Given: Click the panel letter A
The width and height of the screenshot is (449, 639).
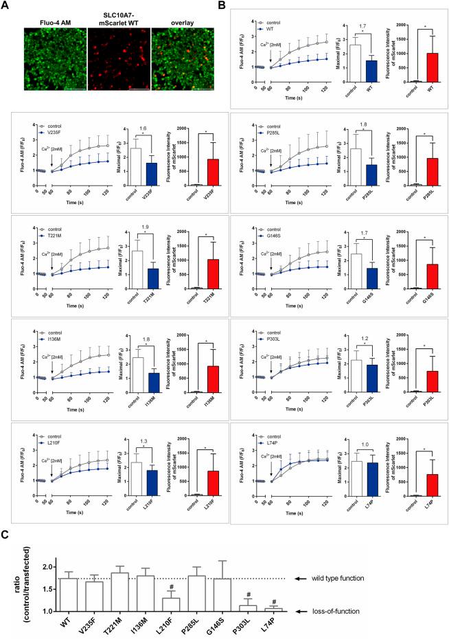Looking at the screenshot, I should (5, 6).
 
